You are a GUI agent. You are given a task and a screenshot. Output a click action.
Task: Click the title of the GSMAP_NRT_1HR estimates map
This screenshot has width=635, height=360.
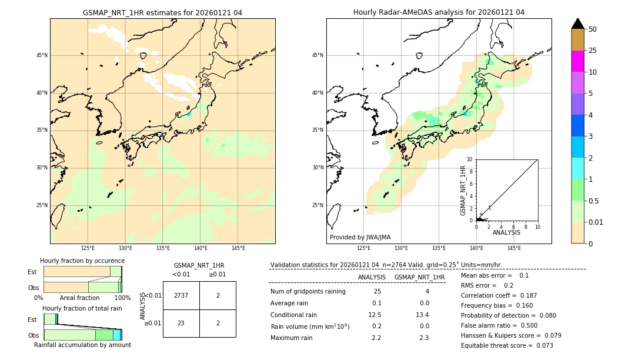tap(162, 12)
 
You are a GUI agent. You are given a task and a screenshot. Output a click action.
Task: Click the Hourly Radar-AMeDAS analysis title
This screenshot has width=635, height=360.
tap(439, 12)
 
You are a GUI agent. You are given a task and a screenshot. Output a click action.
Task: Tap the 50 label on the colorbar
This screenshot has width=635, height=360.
tap(593, 29)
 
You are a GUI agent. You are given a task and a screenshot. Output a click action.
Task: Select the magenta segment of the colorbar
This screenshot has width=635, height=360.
tap(577, 61)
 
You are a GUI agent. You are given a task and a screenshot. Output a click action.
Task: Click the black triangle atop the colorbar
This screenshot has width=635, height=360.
tap(577, 24)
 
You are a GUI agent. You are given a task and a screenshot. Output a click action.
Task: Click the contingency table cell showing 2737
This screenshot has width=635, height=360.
tap(181, 295)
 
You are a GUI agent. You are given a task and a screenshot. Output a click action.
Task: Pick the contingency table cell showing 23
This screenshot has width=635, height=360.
tap(181, 323)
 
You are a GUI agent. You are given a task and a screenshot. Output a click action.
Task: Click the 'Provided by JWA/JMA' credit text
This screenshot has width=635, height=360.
tap(360, 237)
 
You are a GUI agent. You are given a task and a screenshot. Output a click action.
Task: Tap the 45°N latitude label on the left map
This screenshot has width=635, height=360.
tap(42, 55)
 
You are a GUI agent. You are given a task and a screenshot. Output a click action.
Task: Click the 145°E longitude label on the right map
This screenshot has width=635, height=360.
tap(514, 248)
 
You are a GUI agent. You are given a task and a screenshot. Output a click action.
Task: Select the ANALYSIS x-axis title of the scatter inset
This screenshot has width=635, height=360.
tap(506, 232)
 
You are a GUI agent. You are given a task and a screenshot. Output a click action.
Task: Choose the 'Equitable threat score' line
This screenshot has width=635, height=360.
tap(507, 345)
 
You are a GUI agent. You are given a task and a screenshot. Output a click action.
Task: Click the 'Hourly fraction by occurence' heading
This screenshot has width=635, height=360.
tap(82, 261)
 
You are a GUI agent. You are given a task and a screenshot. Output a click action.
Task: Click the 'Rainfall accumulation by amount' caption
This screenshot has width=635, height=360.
tap(82, 345)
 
